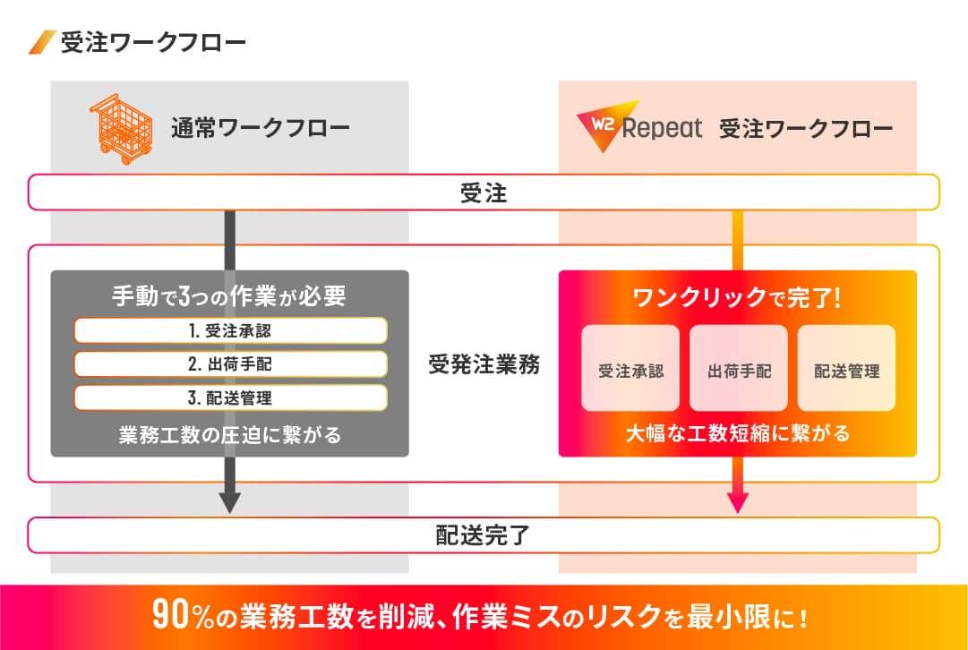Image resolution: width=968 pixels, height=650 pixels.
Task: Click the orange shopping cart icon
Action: [122, 128]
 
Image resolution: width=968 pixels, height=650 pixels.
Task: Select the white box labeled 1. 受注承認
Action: [231, 330]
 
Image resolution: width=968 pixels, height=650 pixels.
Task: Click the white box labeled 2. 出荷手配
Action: [231, 363]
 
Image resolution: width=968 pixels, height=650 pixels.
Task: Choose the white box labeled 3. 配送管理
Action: [231, 398]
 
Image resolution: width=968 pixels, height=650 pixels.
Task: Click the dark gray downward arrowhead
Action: [229, 502]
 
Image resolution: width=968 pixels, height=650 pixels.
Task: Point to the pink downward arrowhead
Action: [738, 502]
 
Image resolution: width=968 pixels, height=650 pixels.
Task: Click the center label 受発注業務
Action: [484, 364]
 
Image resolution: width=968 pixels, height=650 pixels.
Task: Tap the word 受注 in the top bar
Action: [484, 193]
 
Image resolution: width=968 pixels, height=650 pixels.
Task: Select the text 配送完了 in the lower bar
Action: [484, 535]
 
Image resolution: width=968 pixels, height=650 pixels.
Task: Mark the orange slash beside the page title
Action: [43, 42]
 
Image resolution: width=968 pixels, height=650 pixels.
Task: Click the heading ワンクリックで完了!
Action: [737, 298]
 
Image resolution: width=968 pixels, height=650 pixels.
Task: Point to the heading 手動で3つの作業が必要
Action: [229, 296]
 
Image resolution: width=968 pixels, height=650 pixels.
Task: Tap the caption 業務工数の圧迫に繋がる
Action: [229, 435]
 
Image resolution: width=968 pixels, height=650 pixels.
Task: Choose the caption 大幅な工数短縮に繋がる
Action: [738, 433]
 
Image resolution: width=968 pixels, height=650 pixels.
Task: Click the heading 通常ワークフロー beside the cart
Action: [261, 128]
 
